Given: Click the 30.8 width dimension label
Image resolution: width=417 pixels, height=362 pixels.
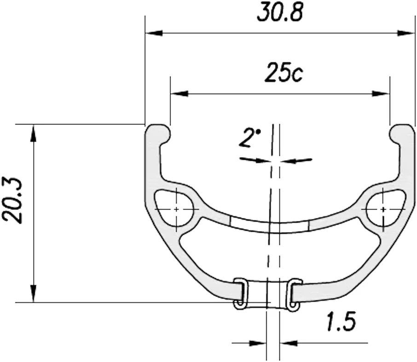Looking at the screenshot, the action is click(280, 12).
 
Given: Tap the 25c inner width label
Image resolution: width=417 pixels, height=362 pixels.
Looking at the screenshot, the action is click(284, 72).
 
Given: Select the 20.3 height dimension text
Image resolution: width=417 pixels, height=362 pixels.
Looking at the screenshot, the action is click(12, 200).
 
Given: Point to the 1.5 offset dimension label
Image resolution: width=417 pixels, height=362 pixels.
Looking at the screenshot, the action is click(341, 321).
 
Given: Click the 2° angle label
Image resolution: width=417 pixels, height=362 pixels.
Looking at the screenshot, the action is click(250, 138).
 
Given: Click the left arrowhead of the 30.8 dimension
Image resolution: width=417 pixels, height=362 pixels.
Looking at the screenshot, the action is click(154, 33).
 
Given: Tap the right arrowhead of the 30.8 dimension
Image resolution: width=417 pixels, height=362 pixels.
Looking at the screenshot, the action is click(406, 33).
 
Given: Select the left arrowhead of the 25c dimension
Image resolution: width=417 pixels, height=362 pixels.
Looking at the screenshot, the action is click(179, 93).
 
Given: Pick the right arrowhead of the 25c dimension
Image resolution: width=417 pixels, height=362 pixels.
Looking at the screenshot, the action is click(381, 93).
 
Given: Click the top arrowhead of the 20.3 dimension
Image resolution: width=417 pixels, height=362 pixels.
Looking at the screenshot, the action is click(33, 133).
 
